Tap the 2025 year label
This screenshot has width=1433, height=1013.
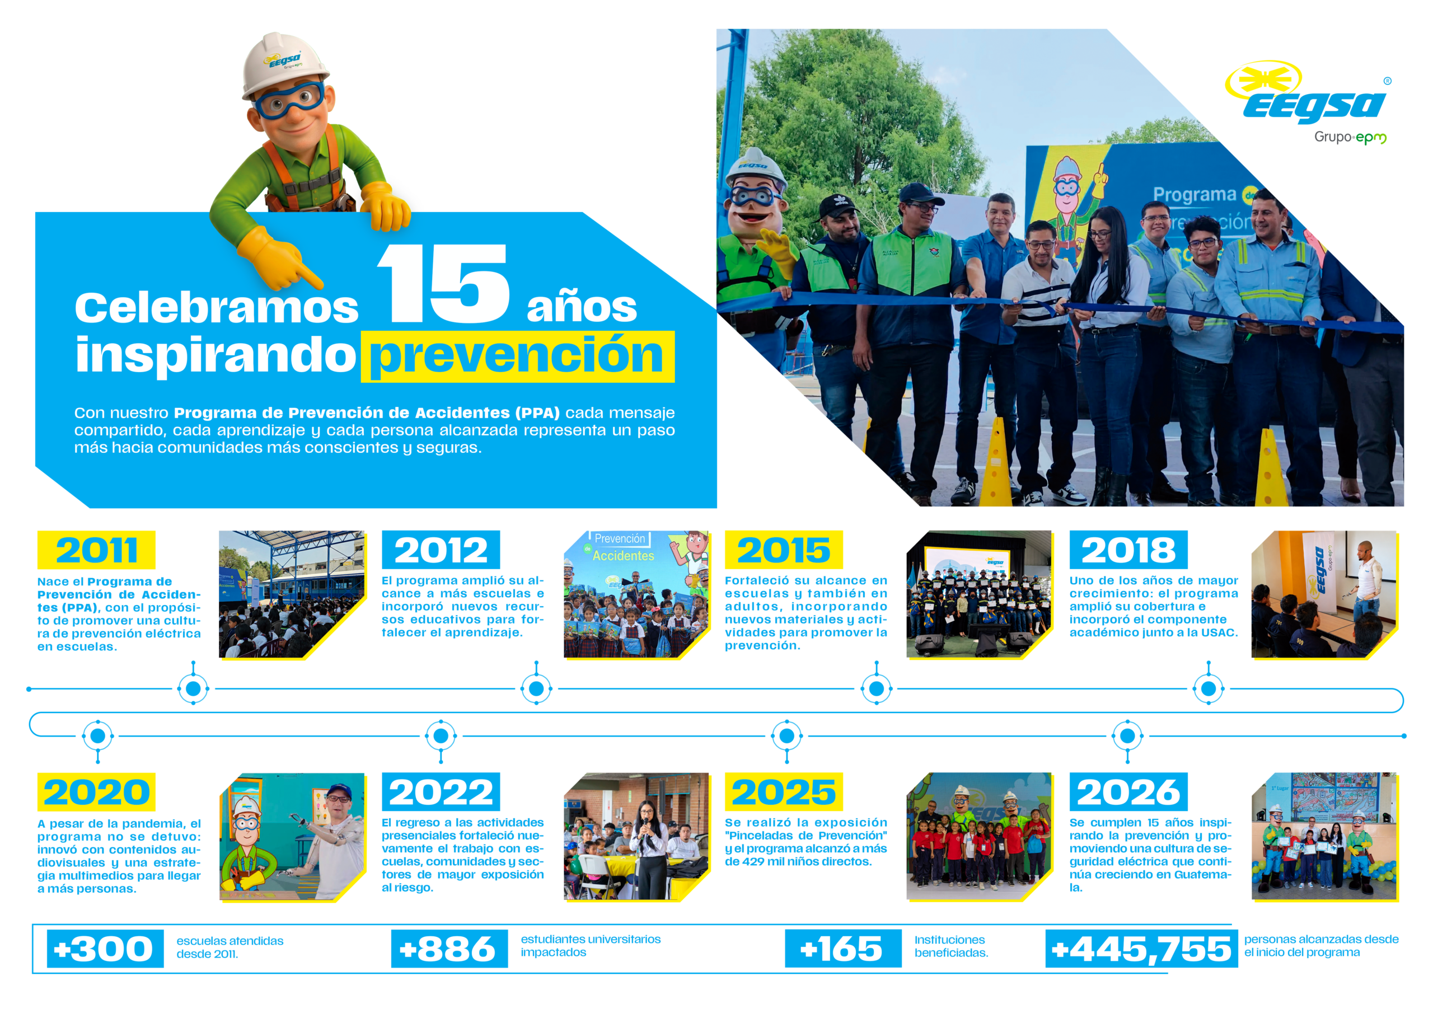pyautogui.click(x=784, y=791)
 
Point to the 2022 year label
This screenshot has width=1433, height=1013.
pyautogui.click(x=441, y=791)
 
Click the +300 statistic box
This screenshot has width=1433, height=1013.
pyautogui.click(x=105, y=949)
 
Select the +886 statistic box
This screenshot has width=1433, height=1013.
pyautogui.click(x=449, y=949)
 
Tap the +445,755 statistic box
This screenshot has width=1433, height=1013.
pyautogui.click(x=1141, y=949)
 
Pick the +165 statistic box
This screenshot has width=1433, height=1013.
pyautogui.click(x=843, y=949)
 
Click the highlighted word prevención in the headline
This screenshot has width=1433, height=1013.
pyautogui.click(x=517, y=357)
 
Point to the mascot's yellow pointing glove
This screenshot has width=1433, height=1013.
pyautogui.click(x=278, y=258)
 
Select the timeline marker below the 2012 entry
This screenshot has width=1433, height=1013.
pyautogui.click(x=536, y=688)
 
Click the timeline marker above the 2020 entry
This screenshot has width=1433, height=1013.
pyautogui.click(x=98, y=737)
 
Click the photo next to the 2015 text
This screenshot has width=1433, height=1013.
pyautogui.click(x=978, y=594)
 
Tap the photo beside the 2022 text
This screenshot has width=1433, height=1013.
pyautogui.click(x=636, y=836)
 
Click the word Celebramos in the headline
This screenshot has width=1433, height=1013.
pyautogui.click(x=217, y=308)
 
